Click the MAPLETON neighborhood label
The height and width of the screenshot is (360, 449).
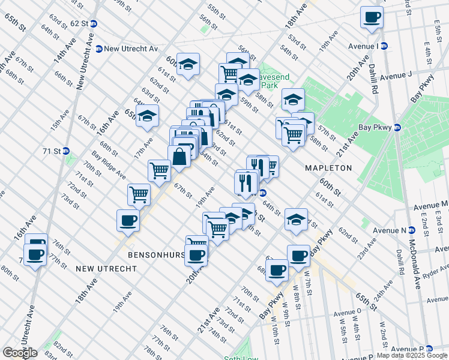pos(328,168)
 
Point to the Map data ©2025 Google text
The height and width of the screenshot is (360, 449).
pos(412,355)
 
